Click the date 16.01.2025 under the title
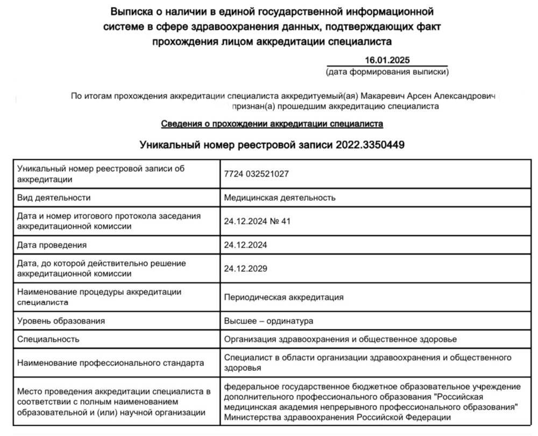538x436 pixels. point(387,60)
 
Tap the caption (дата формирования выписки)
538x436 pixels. point(387,72)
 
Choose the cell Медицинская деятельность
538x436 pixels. point(280,197)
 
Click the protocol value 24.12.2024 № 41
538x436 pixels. point(257,221)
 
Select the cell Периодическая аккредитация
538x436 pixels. point(284,297)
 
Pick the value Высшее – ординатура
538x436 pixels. point(268,321)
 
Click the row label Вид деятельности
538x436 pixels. point(54,197)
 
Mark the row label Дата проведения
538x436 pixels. point(52,245)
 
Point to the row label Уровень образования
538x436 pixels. point(61,321)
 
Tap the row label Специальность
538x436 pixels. point(48,339)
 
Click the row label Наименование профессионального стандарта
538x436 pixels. point(110,363)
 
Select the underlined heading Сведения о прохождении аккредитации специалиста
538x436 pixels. point(272,124)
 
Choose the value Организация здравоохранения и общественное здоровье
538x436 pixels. point(341,339)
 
